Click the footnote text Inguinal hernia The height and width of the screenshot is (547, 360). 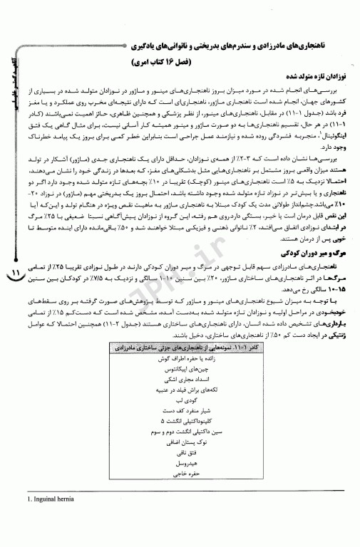[42, 527]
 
